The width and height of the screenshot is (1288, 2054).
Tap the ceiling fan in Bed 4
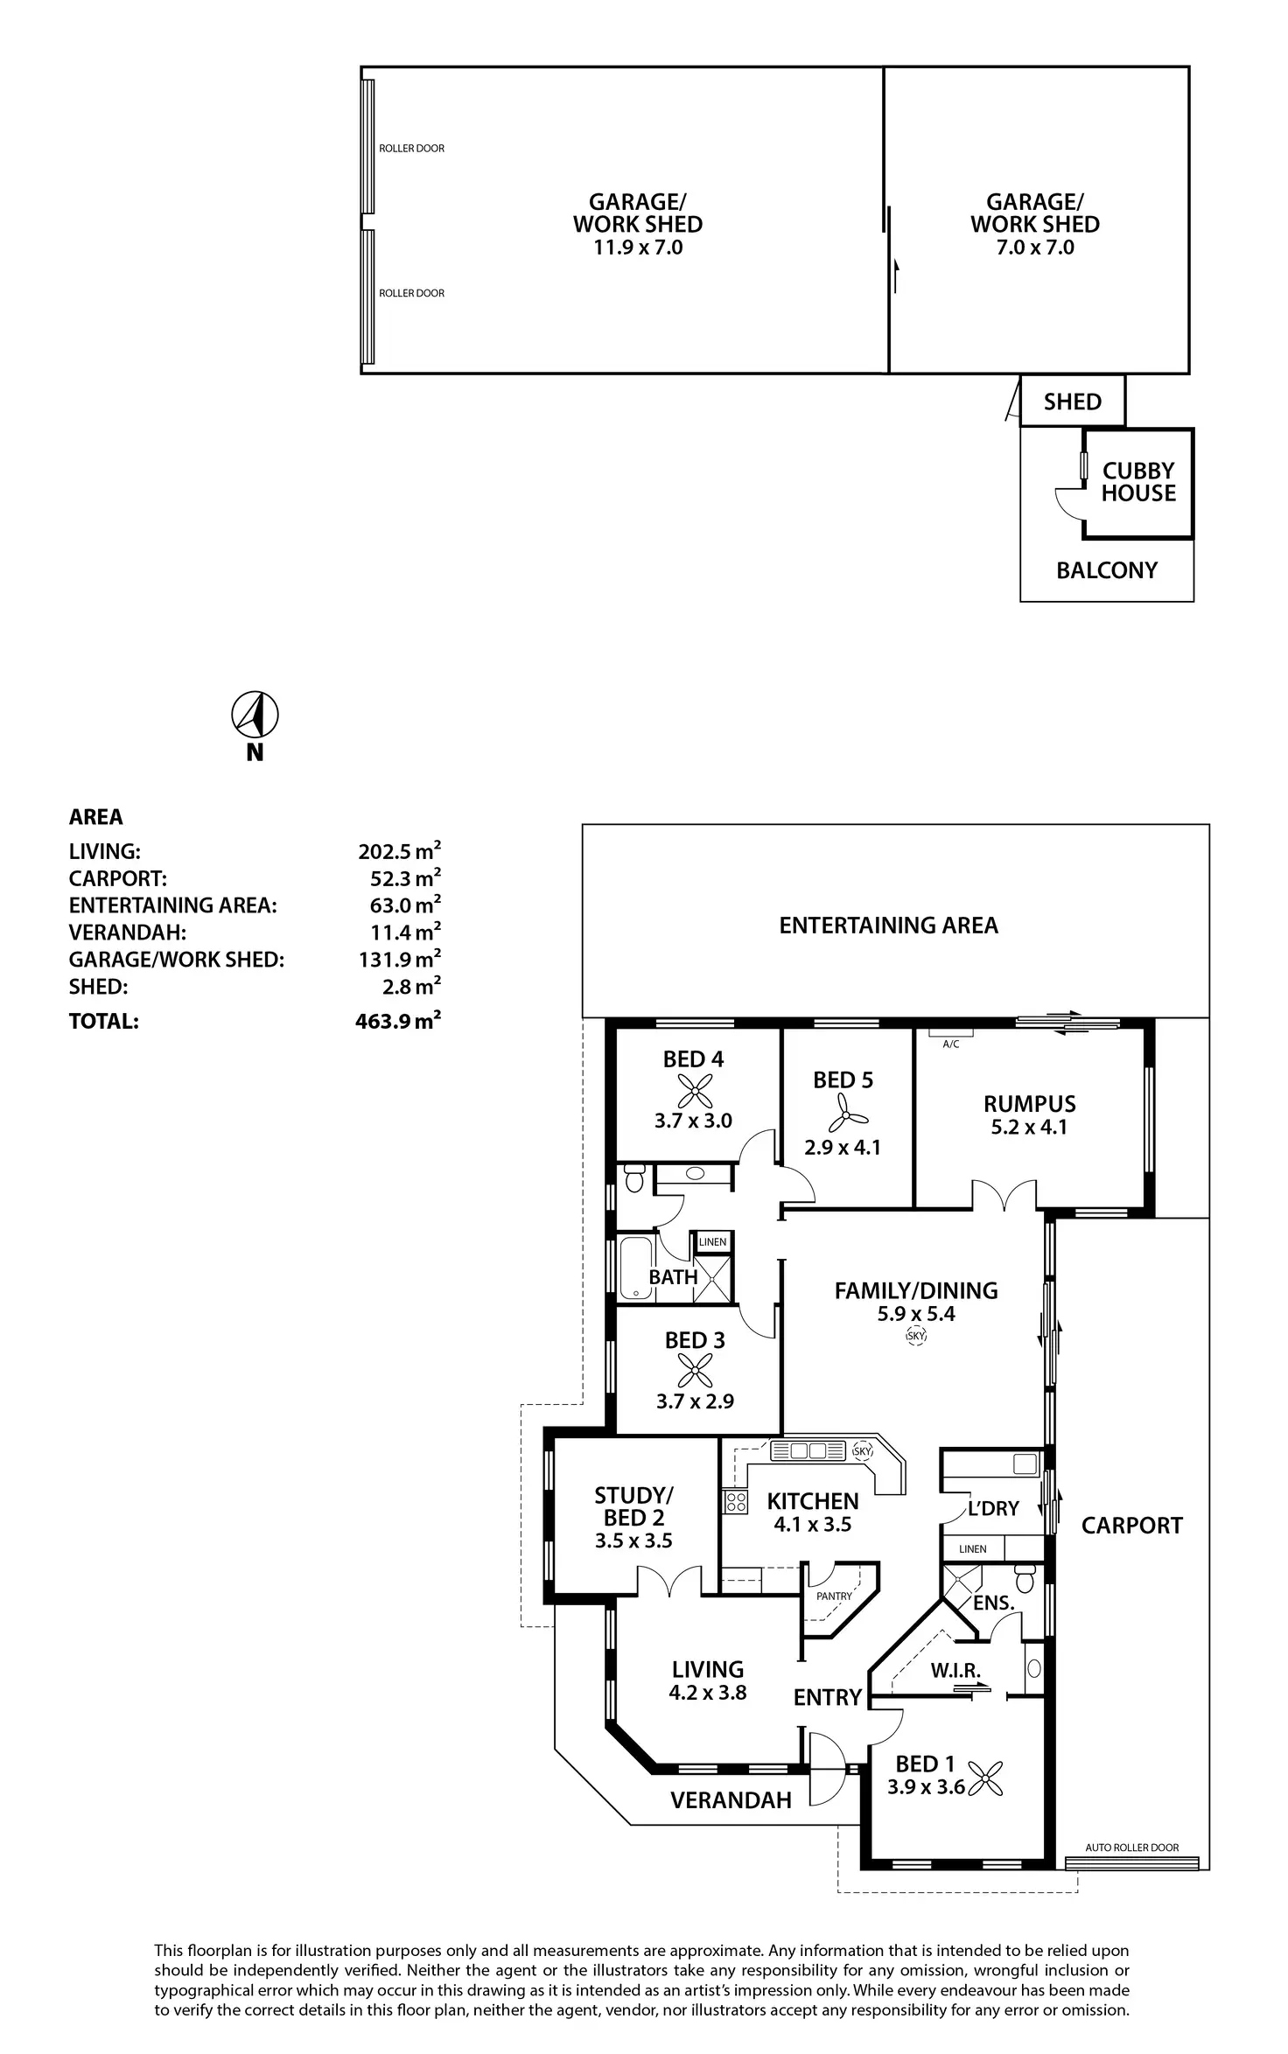[x=695, y=1091]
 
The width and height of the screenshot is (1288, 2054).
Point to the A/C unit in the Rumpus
[x=951, y=1034]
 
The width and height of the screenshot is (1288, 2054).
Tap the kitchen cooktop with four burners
[x=736, y=1502]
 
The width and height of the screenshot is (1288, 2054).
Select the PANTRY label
[x=834, y=1596]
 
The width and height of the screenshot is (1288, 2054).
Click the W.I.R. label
[x=955, y=1670]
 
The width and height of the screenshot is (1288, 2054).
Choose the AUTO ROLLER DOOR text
[x=1132, y=1848]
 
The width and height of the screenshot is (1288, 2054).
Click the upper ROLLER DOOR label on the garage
[x=411, y=149]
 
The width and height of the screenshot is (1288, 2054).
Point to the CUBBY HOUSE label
[x=1137, y=482]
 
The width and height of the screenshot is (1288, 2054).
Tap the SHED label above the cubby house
[x=1072, y=402]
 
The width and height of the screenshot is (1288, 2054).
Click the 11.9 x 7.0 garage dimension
[x=638, y=248]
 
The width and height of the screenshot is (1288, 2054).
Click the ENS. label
[x=994, y=1603]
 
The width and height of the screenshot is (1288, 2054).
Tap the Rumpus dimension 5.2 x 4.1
[x=1029, y=1128]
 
